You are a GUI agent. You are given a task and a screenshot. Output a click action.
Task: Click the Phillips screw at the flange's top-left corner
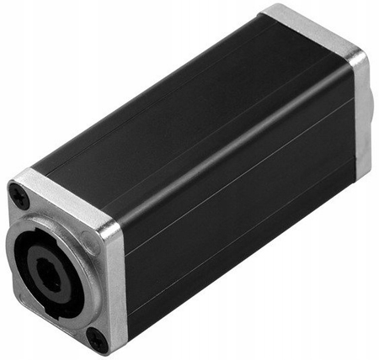click(x=19, y=198)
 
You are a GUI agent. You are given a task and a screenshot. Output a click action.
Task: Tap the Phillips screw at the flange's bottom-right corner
click(x=98, y=338)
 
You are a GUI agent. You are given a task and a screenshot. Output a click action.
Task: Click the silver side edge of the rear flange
click(x=360, y=109)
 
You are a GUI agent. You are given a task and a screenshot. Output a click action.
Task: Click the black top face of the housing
click(x=168, y=101)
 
